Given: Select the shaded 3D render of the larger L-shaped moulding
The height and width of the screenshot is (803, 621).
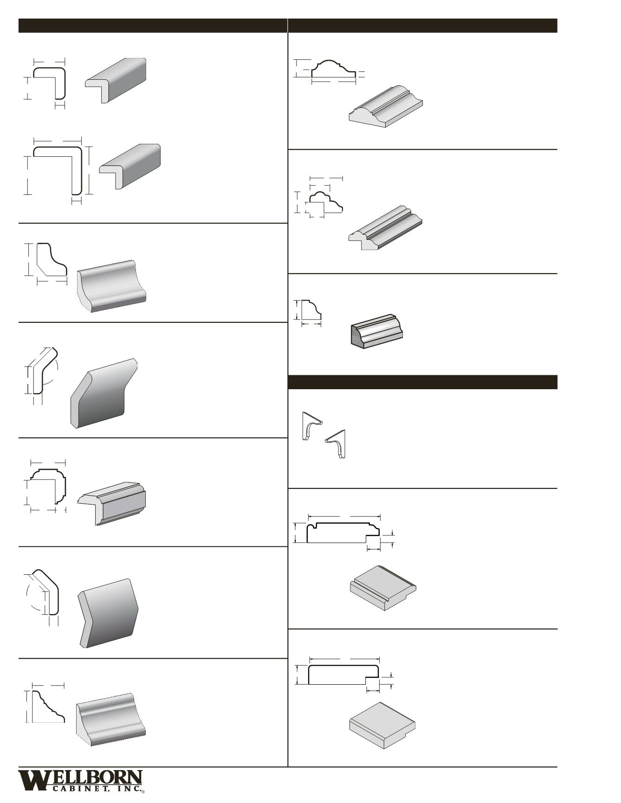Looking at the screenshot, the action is [130, 166].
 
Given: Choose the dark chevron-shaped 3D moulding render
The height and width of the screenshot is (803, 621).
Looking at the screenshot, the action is [109, 613].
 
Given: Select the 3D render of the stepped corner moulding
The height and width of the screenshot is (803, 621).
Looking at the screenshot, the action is [112, 503].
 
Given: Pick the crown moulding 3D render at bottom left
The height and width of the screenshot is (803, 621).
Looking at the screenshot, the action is [110, 719].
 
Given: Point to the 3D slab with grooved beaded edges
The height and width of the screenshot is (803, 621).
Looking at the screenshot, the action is [382, 588].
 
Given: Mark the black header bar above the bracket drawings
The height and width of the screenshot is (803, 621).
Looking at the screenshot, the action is [422, 382].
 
